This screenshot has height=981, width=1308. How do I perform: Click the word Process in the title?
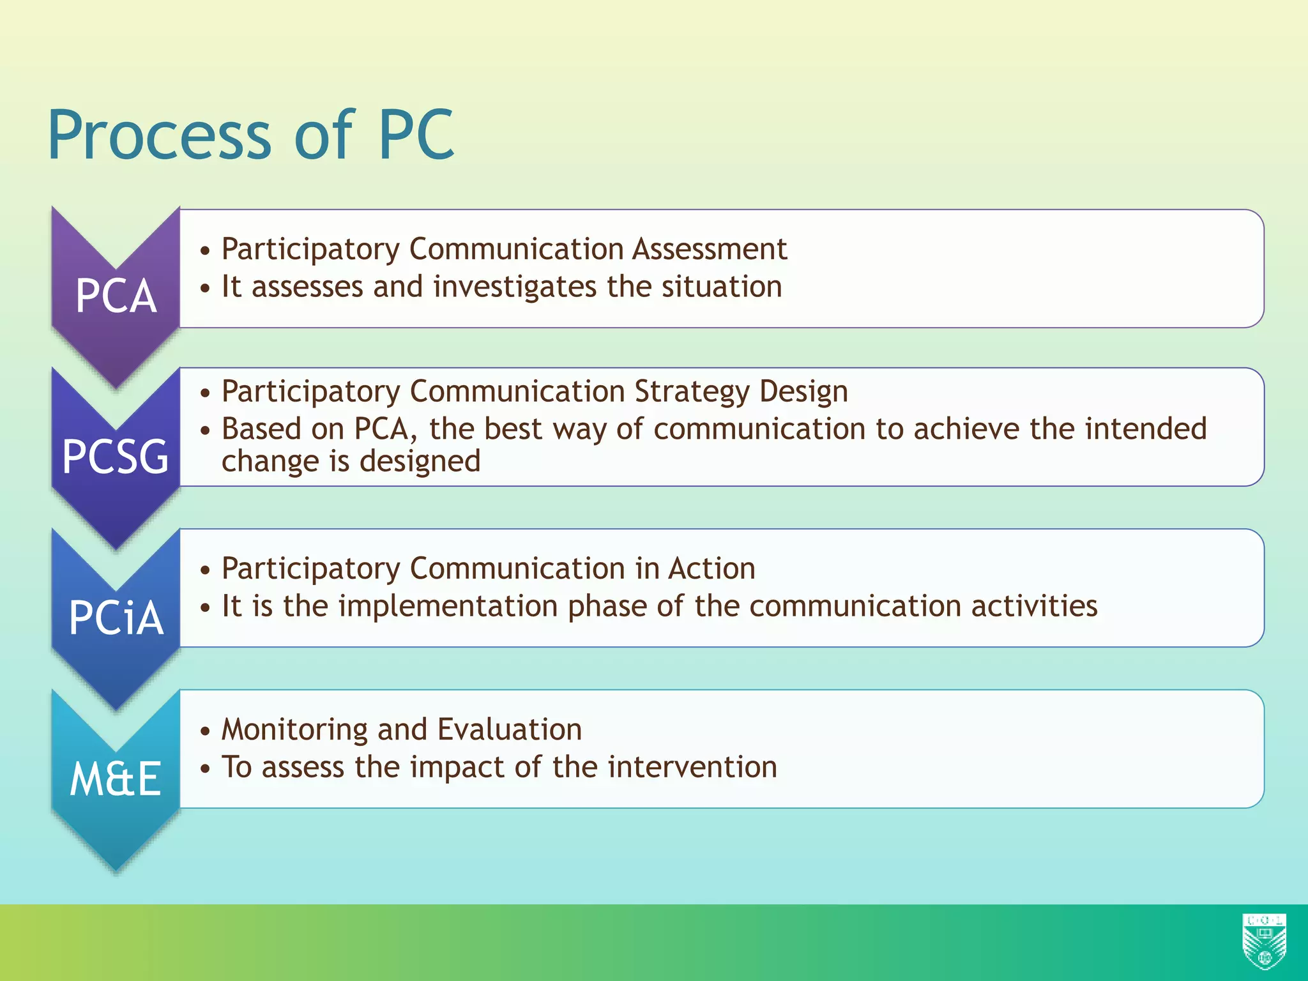(x=160, y=135)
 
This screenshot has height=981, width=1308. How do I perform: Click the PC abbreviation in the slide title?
(x=416, y=135)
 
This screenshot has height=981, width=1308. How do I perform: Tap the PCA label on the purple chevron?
(x=116, y=296)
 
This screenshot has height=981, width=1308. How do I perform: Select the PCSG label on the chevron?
(x=116, y=457)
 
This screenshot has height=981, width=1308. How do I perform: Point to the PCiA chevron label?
(x=116, y=618)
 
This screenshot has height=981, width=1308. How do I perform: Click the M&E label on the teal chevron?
(x=116, y=779)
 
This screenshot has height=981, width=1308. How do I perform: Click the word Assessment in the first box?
(x=710, y=249)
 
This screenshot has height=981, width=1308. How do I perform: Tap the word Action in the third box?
(x=711, y=568)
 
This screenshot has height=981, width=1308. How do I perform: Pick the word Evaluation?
(x=510, y=729)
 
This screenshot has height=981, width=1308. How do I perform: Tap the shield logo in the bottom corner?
(x=1264, y=941)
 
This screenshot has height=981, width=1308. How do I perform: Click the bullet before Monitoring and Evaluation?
(x=204, y=731)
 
